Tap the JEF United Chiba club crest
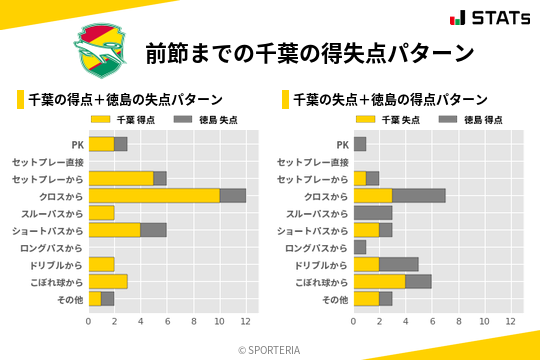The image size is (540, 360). (x=99, y=52)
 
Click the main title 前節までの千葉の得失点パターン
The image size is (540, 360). (x=309, y=52)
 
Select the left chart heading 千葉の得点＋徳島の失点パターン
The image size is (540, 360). (x=125, y=100)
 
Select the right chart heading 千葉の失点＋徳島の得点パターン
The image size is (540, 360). (x=390, y=100)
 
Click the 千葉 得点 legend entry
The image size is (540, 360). (x=125, y=120)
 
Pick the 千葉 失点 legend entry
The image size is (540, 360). (x=390, y=120)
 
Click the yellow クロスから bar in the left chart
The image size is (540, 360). (x=154, y=195)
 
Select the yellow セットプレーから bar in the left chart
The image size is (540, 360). (x=121, y=178)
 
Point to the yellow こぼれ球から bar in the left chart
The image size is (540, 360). (x=108, y=281)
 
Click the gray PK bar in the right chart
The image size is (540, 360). (x=360, y=144)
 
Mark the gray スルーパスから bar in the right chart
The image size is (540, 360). (x=373, y=213)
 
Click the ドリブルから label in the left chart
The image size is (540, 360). (x=53, y=264)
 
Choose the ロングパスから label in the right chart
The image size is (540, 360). (x=317, y=247)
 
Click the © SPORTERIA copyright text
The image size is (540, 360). (x=270, y=350)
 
